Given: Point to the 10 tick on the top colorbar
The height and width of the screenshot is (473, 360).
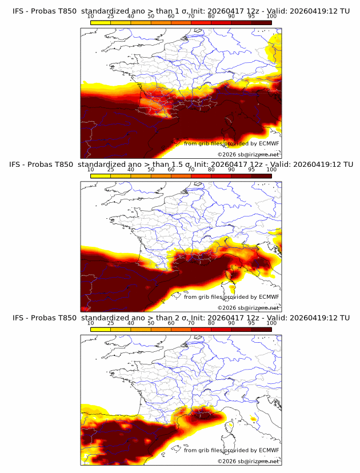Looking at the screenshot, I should (x=91, y=16).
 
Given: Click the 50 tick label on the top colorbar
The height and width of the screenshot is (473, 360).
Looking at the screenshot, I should (x=151, y=16).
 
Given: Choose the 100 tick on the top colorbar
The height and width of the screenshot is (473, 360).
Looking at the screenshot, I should (x=271, y=16).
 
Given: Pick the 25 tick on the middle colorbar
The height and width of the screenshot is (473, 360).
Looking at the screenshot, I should (x=110, y=170).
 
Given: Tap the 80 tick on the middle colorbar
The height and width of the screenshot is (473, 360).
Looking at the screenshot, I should (x=211, y=170).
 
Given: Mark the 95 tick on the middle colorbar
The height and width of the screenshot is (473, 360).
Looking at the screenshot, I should (x=251, y=170).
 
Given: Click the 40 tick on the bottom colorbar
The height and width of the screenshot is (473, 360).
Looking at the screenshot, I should (x=131, y=323).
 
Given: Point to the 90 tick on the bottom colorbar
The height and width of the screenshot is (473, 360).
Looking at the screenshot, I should (x=231, y=323).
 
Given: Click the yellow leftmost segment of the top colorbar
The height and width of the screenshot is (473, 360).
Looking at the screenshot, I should (x=101, y=22).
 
